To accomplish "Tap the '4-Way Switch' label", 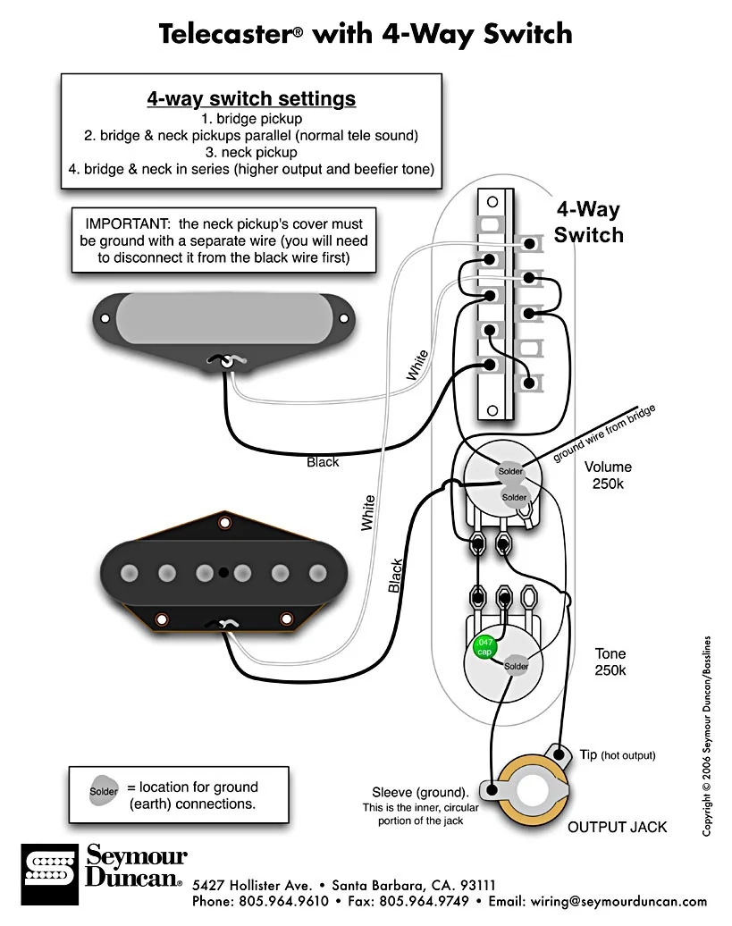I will coord(588,223).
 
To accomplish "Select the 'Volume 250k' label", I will coord(608,475).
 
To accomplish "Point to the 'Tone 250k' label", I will coord(610,661).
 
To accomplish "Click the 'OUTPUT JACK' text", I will coord(617,827).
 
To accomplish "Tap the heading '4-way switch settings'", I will coord(251,98).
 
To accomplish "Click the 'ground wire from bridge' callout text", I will coord(604,434).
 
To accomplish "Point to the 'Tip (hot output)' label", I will coord(617,755).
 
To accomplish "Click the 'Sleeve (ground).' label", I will coord(420,792).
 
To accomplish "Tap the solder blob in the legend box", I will coord(104,791).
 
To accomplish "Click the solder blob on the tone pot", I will coord(517,666).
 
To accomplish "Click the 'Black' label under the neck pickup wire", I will coord(323,462).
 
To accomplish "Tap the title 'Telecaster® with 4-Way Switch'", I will coord(366,34).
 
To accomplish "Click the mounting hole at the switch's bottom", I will coord(491,411).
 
